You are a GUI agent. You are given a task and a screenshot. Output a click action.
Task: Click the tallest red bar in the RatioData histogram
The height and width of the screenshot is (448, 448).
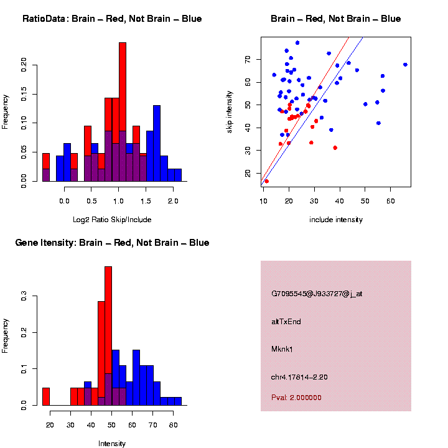[123, 93]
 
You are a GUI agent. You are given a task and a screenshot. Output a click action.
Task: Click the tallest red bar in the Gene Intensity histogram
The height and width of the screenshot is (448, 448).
[108, 311]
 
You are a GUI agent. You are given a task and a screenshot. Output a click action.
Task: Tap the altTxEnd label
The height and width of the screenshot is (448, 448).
[286, 322]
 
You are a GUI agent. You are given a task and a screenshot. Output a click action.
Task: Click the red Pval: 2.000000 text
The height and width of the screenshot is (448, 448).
[296, 398]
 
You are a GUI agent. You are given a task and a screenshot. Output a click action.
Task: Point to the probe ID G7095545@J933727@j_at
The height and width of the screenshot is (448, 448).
[317, 294]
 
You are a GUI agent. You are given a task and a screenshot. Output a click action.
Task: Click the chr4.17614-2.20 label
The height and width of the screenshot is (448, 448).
[299, 376]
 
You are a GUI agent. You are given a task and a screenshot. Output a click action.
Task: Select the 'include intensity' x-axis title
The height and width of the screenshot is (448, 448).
[336, 220]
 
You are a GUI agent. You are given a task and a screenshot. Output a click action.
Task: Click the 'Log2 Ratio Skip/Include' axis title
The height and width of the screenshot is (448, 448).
[111, 220]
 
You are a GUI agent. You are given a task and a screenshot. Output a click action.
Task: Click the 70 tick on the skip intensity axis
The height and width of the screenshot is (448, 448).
[247, 59]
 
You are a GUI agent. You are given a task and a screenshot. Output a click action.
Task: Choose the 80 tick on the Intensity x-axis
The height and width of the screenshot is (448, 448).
[173, 425]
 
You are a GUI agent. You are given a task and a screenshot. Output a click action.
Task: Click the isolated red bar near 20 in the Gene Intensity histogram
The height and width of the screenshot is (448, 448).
[45, 396]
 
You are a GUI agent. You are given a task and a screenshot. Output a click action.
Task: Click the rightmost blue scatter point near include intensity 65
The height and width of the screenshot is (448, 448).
[405, 65]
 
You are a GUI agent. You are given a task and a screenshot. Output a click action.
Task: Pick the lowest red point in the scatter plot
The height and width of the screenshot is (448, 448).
[266, 182]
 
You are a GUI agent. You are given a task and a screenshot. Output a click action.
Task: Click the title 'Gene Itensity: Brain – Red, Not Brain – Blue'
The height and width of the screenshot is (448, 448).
[112, 243]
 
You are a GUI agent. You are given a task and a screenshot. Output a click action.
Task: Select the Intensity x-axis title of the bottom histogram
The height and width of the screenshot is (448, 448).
[112, 444]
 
